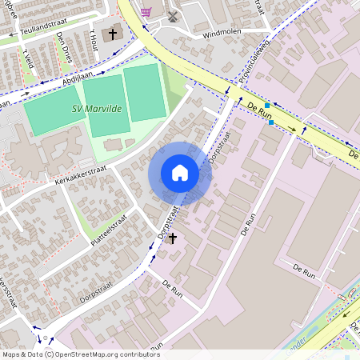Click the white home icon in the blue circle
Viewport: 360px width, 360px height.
[x=180, y=173]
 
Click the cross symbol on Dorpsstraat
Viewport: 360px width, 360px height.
[x=173, y=238]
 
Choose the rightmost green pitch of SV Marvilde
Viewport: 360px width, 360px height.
[x=143, y=92]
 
